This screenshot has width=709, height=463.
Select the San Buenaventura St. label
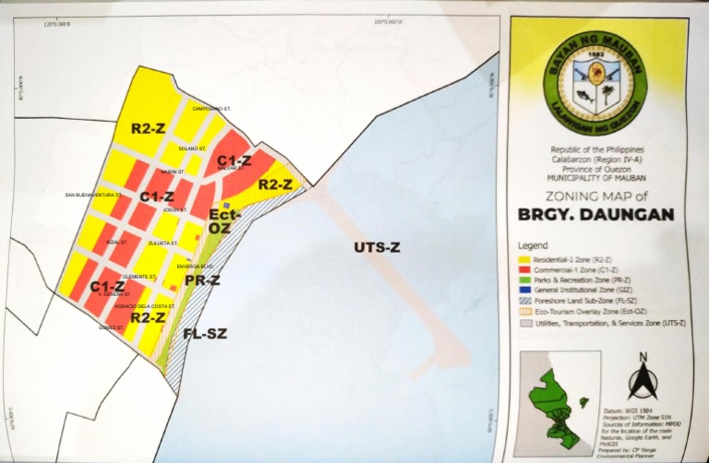[94, 196]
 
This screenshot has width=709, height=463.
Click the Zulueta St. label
[162, 243]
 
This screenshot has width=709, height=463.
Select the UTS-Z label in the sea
[378, 247]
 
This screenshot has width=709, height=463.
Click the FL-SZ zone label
[205, 333]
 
